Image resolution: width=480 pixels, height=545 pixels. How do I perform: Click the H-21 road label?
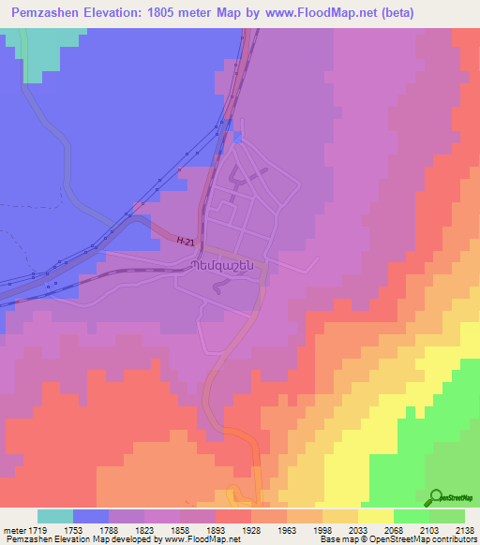click(x=187, y=241)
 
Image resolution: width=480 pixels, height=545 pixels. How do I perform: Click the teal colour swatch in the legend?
click(x=55, y=516)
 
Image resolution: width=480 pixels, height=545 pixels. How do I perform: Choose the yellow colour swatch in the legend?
click(x=376, y=516)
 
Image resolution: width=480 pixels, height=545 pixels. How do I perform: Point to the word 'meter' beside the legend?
click(x=14, y=529)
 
